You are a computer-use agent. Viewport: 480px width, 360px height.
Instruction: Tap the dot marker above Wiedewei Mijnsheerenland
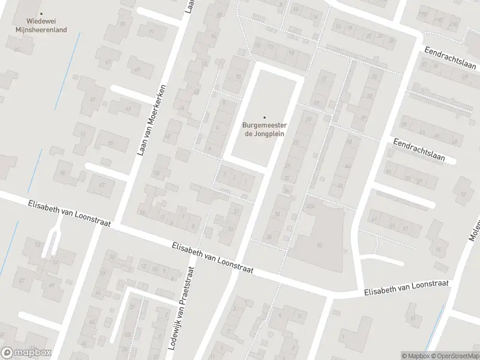click(x=41, y=13)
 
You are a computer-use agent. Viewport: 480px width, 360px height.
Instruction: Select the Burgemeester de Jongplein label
click(x=264, y=130)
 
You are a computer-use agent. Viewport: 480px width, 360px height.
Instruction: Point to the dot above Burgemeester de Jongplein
click(x=264, y=118)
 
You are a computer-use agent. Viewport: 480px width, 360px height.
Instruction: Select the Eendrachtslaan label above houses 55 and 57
click(x=419, y=150)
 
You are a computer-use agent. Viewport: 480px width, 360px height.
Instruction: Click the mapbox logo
click(x=26, y=353)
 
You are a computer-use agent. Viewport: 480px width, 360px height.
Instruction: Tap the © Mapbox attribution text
click(x=415, y=356)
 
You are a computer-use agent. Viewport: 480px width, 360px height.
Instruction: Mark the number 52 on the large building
click(x=319, y=245)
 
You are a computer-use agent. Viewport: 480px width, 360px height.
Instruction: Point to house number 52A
click(x=310, y=206)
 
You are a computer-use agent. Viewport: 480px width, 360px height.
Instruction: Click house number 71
click(x=151, y=32)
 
